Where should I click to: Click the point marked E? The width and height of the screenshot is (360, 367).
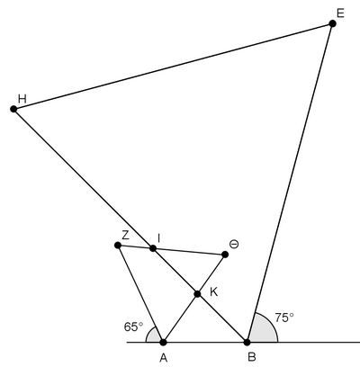[332, 23]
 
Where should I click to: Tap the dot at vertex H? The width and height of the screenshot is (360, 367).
[13, 109]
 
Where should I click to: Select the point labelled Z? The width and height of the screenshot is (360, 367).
[118, 246]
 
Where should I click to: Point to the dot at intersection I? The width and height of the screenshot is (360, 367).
[153, 248]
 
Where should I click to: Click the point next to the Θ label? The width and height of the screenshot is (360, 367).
[225, 255]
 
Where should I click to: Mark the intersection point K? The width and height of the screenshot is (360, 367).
[197, 294]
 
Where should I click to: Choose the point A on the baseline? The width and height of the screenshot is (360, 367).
[163, 342]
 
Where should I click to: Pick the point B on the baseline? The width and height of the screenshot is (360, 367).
[247, 342]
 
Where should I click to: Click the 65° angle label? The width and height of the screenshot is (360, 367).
[133, 327]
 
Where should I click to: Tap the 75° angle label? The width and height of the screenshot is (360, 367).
[284, 318]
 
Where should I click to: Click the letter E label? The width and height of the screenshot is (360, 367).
[340, 13]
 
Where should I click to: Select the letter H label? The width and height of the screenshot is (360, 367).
[22, 99]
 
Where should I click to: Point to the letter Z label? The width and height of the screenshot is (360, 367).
[125, 236]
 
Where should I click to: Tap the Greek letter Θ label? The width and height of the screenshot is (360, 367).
[234, 245]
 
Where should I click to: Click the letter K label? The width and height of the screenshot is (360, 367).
[213, 291]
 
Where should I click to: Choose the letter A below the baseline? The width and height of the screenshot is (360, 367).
[164, 357]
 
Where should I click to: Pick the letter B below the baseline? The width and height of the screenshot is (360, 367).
[252, 357]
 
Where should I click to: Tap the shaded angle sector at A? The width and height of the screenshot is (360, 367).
[154, 336]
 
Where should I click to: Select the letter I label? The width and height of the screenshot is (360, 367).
[159, 238]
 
